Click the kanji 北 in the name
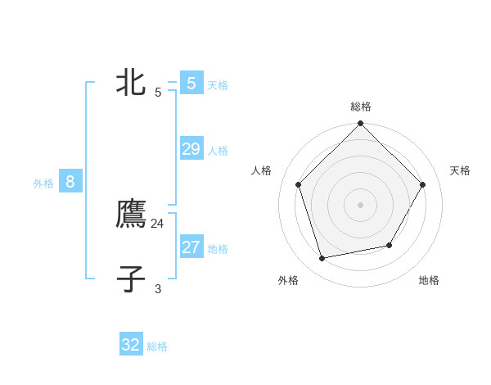[x=131, y=82]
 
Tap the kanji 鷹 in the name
[x=131, y=214]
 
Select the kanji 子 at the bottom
[x=131, y=279]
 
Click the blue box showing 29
[x=191, y=149]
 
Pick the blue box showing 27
[x=191, y=247]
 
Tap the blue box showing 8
[x=70, y=182]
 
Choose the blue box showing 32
[x=131, y=345]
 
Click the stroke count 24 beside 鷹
[x=158, y=223]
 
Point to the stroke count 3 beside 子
[x=158, y=288]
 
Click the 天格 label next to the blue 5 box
[x=218, y=85]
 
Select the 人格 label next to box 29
[x=218, y=151]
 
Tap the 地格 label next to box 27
[x=218, y=249]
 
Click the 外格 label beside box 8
[x=43, y=183]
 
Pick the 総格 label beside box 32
[x=157, y=346]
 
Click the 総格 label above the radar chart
[x=360, y=106]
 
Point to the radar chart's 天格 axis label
[x=461, y=170]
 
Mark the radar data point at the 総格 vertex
[x=360, y=124]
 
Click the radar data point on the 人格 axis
[x=298, y=184]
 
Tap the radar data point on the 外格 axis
[x=322, y=259]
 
